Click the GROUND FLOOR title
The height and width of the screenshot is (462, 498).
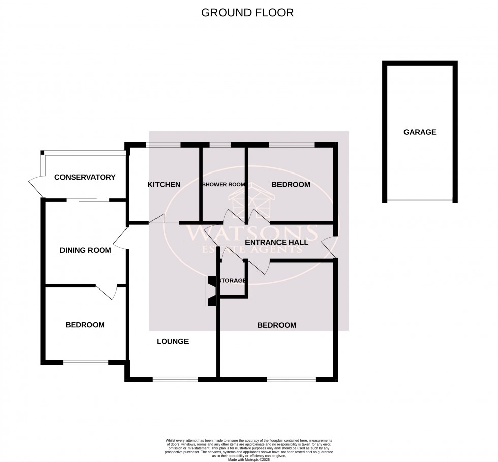click(247, 13)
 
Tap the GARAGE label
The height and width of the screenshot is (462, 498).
click(420, 132)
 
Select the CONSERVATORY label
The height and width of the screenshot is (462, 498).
click(85, 178)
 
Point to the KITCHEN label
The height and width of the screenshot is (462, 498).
click(164, 184)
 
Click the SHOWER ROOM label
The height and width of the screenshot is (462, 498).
click(224, 185)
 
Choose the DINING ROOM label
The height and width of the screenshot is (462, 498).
click(85, 250)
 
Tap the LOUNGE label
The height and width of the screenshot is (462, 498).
click(173, 341)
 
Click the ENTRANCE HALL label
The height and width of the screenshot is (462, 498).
click(276, 242)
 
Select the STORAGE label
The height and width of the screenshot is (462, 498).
click(232, 280)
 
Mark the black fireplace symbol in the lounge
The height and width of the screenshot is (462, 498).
click(211, 291)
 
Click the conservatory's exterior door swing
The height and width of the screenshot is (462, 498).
click(36, 184)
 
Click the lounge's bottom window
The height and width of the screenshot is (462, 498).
click(175, 379)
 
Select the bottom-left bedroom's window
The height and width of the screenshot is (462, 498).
click(85, 363)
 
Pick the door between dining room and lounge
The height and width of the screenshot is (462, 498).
click(120, 238)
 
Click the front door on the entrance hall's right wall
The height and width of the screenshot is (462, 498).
click(329, 247)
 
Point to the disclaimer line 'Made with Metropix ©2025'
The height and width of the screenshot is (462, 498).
click(249, 460)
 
